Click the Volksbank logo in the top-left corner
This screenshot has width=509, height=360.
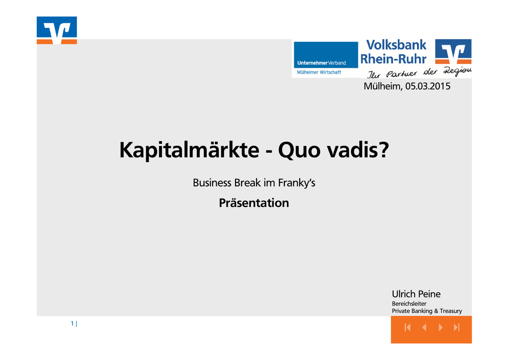57,30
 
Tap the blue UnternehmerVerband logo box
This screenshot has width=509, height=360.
326,55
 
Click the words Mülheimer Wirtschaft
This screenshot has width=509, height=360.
319,73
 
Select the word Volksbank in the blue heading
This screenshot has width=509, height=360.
396,45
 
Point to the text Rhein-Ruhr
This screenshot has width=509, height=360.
393,59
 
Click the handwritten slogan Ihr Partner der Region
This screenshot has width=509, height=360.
419,73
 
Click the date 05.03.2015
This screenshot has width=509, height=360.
428,87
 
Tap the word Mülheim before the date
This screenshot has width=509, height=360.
383,87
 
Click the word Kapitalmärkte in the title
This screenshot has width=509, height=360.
189,150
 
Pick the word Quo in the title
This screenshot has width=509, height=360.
299,150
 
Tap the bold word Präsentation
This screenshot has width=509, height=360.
254,203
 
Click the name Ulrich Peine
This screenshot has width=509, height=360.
416,294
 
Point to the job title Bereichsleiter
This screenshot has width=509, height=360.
409,304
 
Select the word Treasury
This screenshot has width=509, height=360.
451,311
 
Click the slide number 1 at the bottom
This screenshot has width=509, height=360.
72,323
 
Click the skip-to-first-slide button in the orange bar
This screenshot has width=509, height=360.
408,327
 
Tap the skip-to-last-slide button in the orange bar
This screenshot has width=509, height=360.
457,327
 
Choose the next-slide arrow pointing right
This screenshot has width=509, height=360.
440,327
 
